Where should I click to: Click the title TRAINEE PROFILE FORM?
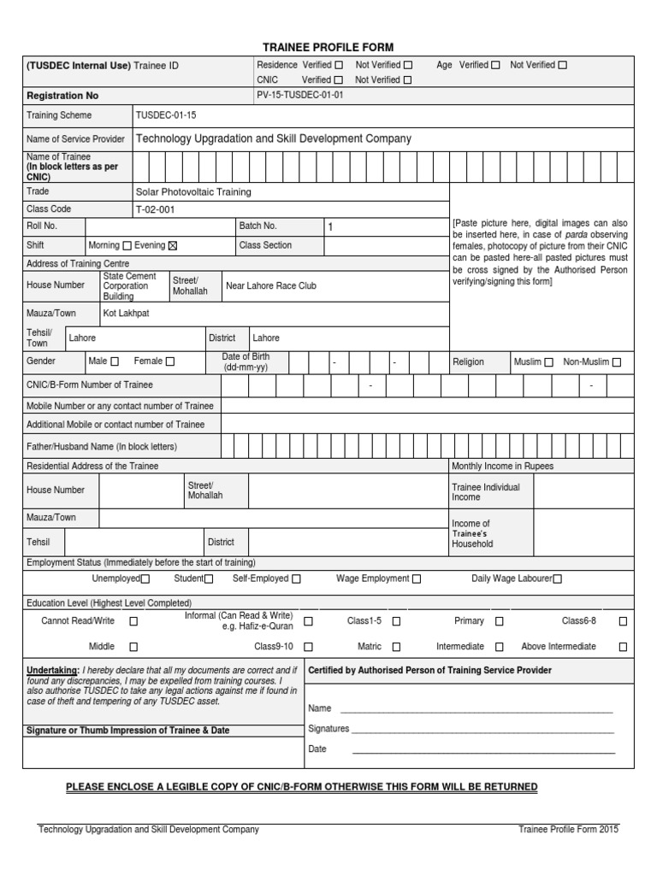328,47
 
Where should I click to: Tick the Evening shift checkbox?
172,246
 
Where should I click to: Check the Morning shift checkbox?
127,246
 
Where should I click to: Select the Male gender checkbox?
115,362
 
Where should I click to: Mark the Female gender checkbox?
170,362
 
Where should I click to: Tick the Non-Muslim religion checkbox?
617,362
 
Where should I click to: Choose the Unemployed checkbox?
145,579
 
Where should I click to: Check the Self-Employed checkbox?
296,579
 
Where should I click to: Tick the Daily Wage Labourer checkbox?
558,579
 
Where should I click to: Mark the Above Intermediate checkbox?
623,647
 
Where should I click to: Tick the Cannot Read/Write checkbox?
133,621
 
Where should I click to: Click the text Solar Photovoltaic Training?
193,192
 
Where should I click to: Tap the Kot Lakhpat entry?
126,314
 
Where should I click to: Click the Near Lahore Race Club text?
270,285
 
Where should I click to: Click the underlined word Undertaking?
52,671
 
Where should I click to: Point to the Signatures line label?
328,729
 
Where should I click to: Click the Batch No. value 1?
330,227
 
